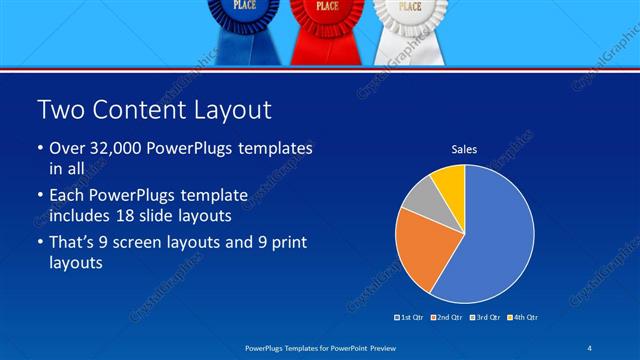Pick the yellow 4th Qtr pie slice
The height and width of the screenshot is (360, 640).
coord(450,181)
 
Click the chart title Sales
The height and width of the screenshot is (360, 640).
coord(464,149)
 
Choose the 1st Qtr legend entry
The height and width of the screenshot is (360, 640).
coord(410,318)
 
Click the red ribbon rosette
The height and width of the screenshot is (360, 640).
coord(326,16)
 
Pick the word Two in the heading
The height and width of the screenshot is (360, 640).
coord(57,108)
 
